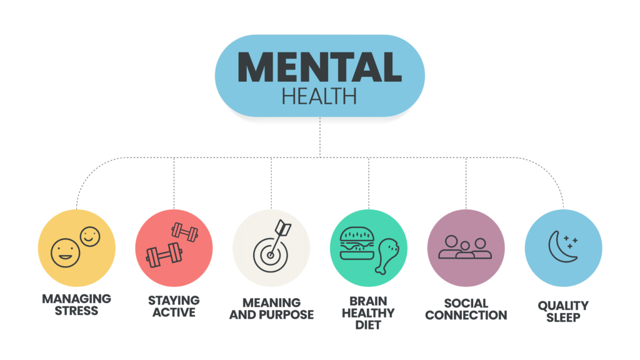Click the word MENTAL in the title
coord(319,67)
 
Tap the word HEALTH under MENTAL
coord(319,96)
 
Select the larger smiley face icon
coord(65,253)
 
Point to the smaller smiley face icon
coord(90,236)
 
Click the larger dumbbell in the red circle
coord(164,255)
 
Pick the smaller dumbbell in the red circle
coord(185,232)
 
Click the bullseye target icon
coord(270,255)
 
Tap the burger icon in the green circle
coord(357,244)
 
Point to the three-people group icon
coord(465,247)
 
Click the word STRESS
coord(76,311)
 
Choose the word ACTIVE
coord(174,312)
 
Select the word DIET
coord(368,325)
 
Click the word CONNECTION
coord(466,315)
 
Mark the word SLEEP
coord(563,317)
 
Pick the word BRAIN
coord(368,301)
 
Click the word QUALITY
coord(563,305)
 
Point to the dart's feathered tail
coord(283,227)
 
